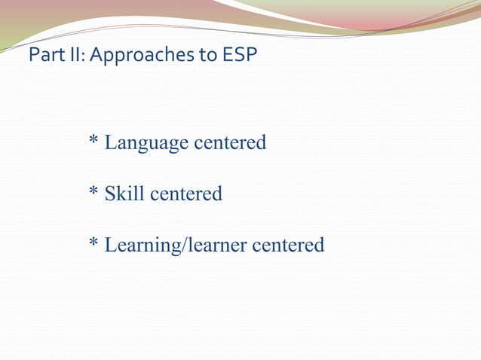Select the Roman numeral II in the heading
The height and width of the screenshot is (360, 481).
coord(72,56)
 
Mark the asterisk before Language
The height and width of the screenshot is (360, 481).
coord(93,140)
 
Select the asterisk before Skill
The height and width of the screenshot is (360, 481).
coord(93,192)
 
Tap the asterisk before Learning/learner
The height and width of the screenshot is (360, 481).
coord(93,243)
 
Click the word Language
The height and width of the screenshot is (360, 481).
coord(147,142)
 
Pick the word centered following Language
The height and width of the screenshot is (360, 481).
coord(231,142)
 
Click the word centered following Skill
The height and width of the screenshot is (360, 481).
coord(186,194)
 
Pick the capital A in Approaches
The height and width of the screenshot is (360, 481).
coord(96,56)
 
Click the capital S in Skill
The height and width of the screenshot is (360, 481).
coord(110,194)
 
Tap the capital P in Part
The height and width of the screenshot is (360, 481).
coord(32,56)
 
